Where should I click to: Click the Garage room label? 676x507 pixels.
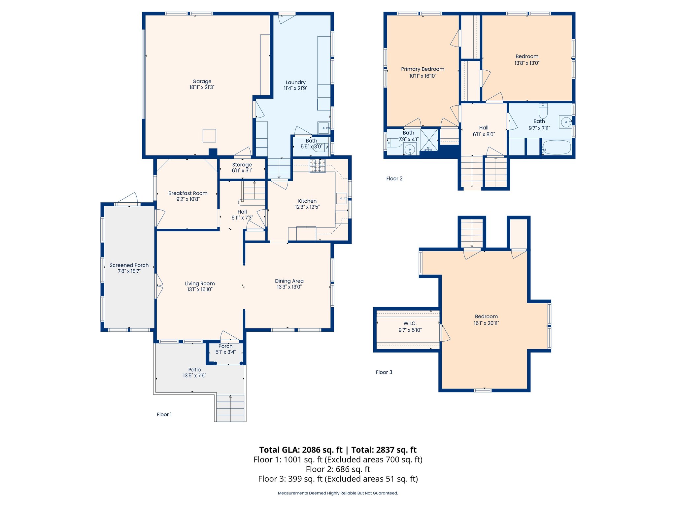pos(202,81)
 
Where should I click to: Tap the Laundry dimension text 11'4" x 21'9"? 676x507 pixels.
pos(295,88)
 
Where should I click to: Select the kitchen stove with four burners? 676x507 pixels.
pos(317,166)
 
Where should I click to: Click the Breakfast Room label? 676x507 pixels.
pos(188,193)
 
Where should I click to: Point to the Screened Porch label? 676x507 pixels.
pos(129,265)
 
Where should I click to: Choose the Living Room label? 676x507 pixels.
pos(200,284)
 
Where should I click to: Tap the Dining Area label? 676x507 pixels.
pos(289,281)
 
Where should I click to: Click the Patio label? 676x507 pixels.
pos(194,370)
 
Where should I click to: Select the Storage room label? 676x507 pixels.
pos(242,165)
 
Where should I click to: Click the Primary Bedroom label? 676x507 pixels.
pos(422,69)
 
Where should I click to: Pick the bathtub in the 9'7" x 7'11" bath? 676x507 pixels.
pos(557,147)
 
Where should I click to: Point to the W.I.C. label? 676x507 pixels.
pos(410,323)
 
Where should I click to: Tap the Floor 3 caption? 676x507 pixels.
pos(384,372)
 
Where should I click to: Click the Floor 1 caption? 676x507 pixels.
pos(164,414)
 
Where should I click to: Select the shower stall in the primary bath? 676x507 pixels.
pos(429,140)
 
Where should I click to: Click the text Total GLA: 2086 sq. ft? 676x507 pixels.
pos(301,450)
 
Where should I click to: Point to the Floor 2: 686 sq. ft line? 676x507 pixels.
pos(338,469)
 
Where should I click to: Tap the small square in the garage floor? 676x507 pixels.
pos(209,136)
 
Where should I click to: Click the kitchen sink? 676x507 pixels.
pos(342,198)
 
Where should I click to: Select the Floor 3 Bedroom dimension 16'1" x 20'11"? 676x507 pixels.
pos(486,323)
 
